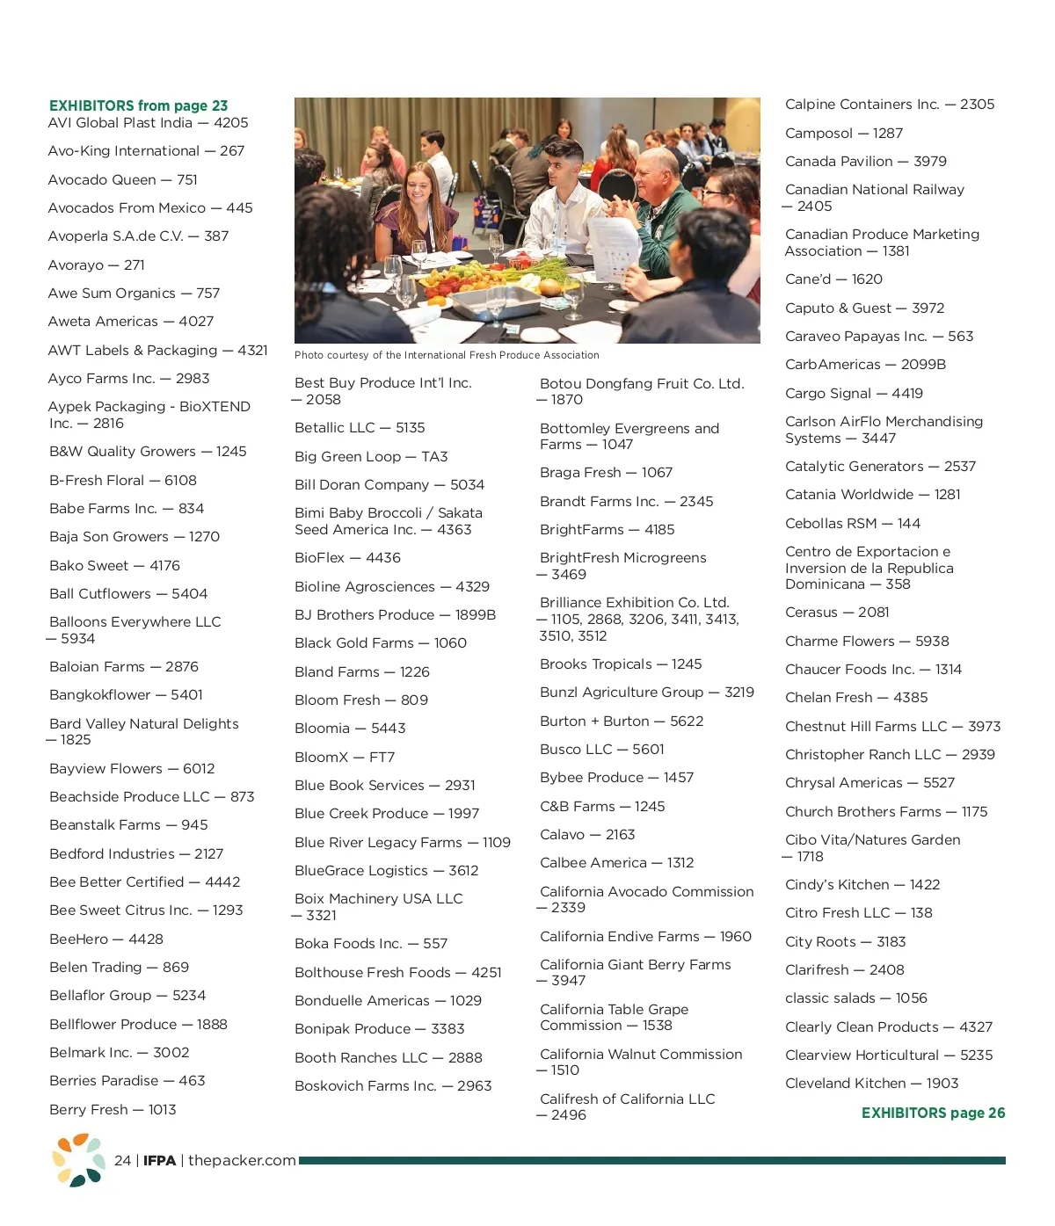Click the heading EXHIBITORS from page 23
138,105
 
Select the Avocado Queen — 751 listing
123,179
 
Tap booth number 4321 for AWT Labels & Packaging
252,350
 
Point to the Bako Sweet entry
114,565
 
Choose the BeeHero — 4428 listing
106,939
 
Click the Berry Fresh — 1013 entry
113,1109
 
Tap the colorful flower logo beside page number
78,1159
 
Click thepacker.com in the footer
242,1160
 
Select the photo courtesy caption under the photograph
447,355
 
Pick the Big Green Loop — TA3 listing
371,456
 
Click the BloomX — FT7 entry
345,757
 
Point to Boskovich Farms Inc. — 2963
393,1085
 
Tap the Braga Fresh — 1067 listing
606,472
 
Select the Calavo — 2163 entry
587,834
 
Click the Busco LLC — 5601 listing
602,749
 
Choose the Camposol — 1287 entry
844,133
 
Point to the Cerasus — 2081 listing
837,612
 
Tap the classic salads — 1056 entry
856,997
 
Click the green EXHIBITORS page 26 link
933,1113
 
